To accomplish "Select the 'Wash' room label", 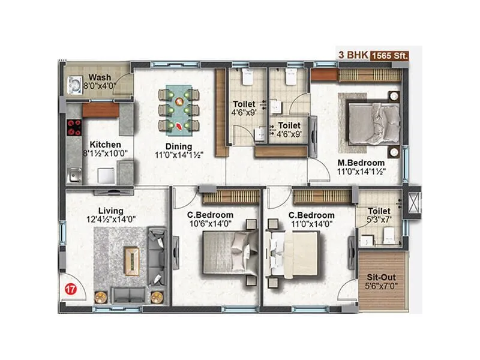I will [x=99, y=77].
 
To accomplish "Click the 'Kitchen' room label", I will [x=106, y=145].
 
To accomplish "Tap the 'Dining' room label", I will [x=179, y=146].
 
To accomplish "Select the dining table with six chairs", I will [x=178, y=109].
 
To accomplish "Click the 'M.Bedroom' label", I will [x=361, y=162].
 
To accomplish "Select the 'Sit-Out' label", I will [x=381, y=278].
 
